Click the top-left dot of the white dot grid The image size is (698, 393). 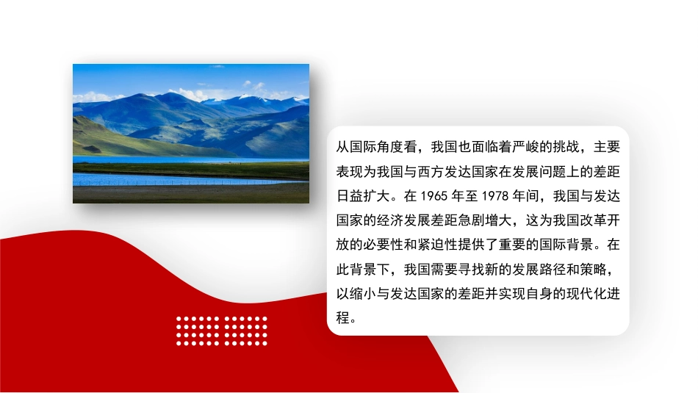click(179, 319)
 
